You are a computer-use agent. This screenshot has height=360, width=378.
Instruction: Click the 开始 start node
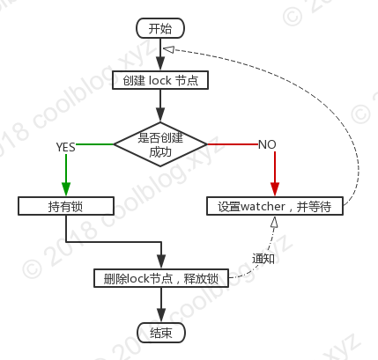pos(160,28)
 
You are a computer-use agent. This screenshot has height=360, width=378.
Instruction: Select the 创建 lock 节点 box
pos(160,80)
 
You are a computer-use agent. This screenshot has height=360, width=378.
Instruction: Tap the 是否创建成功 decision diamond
pos(160,144)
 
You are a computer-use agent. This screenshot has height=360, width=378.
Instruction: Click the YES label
pos(65,147)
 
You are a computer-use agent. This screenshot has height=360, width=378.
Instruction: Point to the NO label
pos(267,144)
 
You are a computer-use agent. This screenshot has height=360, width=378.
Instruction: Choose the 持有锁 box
pos(66,206)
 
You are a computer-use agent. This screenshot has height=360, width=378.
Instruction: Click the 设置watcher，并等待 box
pos(275,206)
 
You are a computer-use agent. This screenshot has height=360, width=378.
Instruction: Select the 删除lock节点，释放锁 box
pos(161,278)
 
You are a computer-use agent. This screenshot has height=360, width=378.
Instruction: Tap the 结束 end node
pos(161,333)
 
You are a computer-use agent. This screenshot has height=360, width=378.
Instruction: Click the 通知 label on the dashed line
pos(263,259)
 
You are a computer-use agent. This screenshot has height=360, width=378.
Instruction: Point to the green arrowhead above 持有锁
pos(66,189)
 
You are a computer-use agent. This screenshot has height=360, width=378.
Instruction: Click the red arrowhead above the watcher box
pos(275,189)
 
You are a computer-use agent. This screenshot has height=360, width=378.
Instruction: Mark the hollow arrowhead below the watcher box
pos(274,223)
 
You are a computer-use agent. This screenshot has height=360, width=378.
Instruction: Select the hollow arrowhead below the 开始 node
pos(168,49)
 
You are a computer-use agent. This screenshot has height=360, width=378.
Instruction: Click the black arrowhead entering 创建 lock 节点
pos(160,63)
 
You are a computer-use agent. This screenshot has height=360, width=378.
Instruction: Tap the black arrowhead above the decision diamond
pos(160,114)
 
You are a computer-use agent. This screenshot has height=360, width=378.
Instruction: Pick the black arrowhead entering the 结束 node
pos(161,315)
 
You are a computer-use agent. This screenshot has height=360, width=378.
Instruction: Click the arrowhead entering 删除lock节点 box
pos(161,261)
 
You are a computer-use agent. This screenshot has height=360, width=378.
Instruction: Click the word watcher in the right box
pos(263,206)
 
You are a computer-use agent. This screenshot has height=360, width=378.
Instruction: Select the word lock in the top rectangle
pos(160,80)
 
